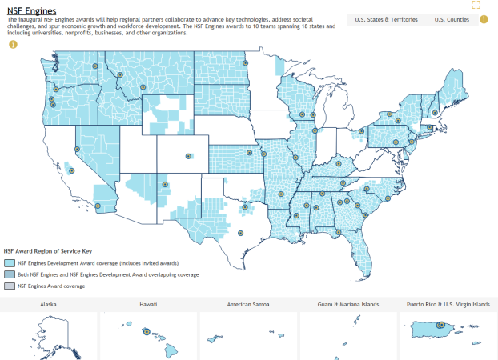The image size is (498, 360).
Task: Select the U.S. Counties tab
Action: tap(452, 19)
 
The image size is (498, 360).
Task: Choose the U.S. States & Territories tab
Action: tap(386, 19)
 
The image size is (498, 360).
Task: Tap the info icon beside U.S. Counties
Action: tap(484, 19)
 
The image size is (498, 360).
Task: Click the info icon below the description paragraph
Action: tap(13, 44)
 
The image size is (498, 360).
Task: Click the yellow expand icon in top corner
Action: tap(476, 5)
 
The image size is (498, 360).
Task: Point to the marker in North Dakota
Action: tap(246, 62)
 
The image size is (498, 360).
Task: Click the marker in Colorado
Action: tap(189, 156)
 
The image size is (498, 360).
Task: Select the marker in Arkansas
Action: tap(281, 193)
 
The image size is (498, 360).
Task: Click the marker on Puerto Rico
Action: tap(440, 325)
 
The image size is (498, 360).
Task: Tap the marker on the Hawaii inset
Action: tap(147, 331)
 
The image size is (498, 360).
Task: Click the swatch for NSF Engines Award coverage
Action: tap(10, 286)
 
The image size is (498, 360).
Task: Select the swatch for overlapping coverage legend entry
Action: tap(10, 274)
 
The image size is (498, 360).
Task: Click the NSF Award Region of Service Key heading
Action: tap(53, 250)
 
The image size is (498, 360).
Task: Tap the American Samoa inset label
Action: tap(247, 305)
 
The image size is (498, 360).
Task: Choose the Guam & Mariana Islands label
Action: tap(347, 305)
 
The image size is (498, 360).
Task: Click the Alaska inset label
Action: tap(48, 305)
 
